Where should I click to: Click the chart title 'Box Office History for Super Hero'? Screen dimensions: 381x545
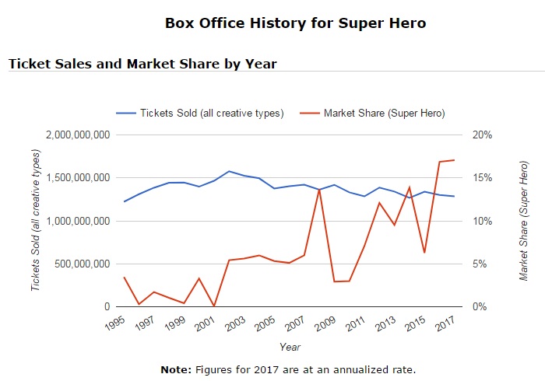click(x=295, y=23)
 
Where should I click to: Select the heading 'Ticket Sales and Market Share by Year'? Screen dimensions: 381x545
click(x=142, y=63)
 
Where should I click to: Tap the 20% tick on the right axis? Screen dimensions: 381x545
click(x=483, y=135)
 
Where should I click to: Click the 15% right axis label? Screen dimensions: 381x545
click(x=483, y=178)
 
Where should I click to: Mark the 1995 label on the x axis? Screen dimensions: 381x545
click(x=115, y=322)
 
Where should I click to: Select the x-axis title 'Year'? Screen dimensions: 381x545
click(x=290, y=347)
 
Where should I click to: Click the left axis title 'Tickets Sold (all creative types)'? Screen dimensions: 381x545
click(x=35, y=221)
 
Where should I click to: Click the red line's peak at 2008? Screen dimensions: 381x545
click(x=318, y=189)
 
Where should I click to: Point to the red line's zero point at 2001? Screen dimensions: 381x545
click(x=213, y=306)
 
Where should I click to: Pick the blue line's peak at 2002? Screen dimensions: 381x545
click(x=229, y=171)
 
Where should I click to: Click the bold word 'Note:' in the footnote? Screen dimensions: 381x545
click(x=175, y=369)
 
